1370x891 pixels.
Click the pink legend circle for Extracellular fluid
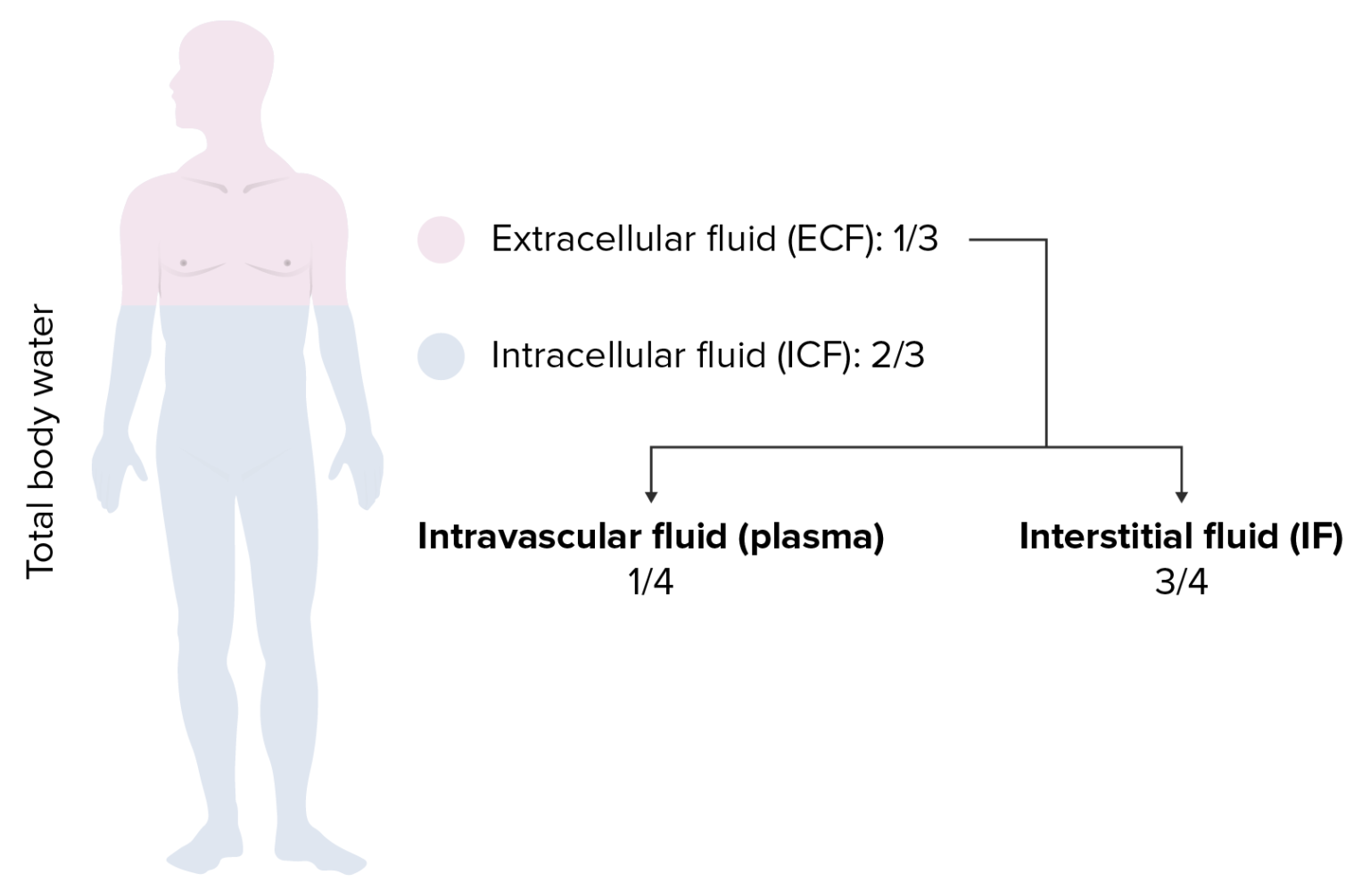tap(441, 240)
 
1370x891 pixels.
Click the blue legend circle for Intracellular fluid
tap(441, 356)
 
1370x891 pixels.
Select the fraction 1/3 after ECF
tap(915, 239)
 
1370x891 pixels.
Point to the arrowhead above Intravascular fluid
tap(651, 495)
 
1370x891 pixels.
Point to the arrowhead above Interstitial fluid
tap(1181, 495)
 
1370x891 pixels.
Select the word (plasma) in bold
tap(811, 537)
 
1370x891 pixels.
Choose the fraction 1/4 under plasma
tap(650, 582)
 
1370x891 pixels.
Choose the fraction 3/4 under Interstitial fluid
tap(1181, 582)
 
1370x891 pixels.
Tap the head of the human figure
tap(223, 76)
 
